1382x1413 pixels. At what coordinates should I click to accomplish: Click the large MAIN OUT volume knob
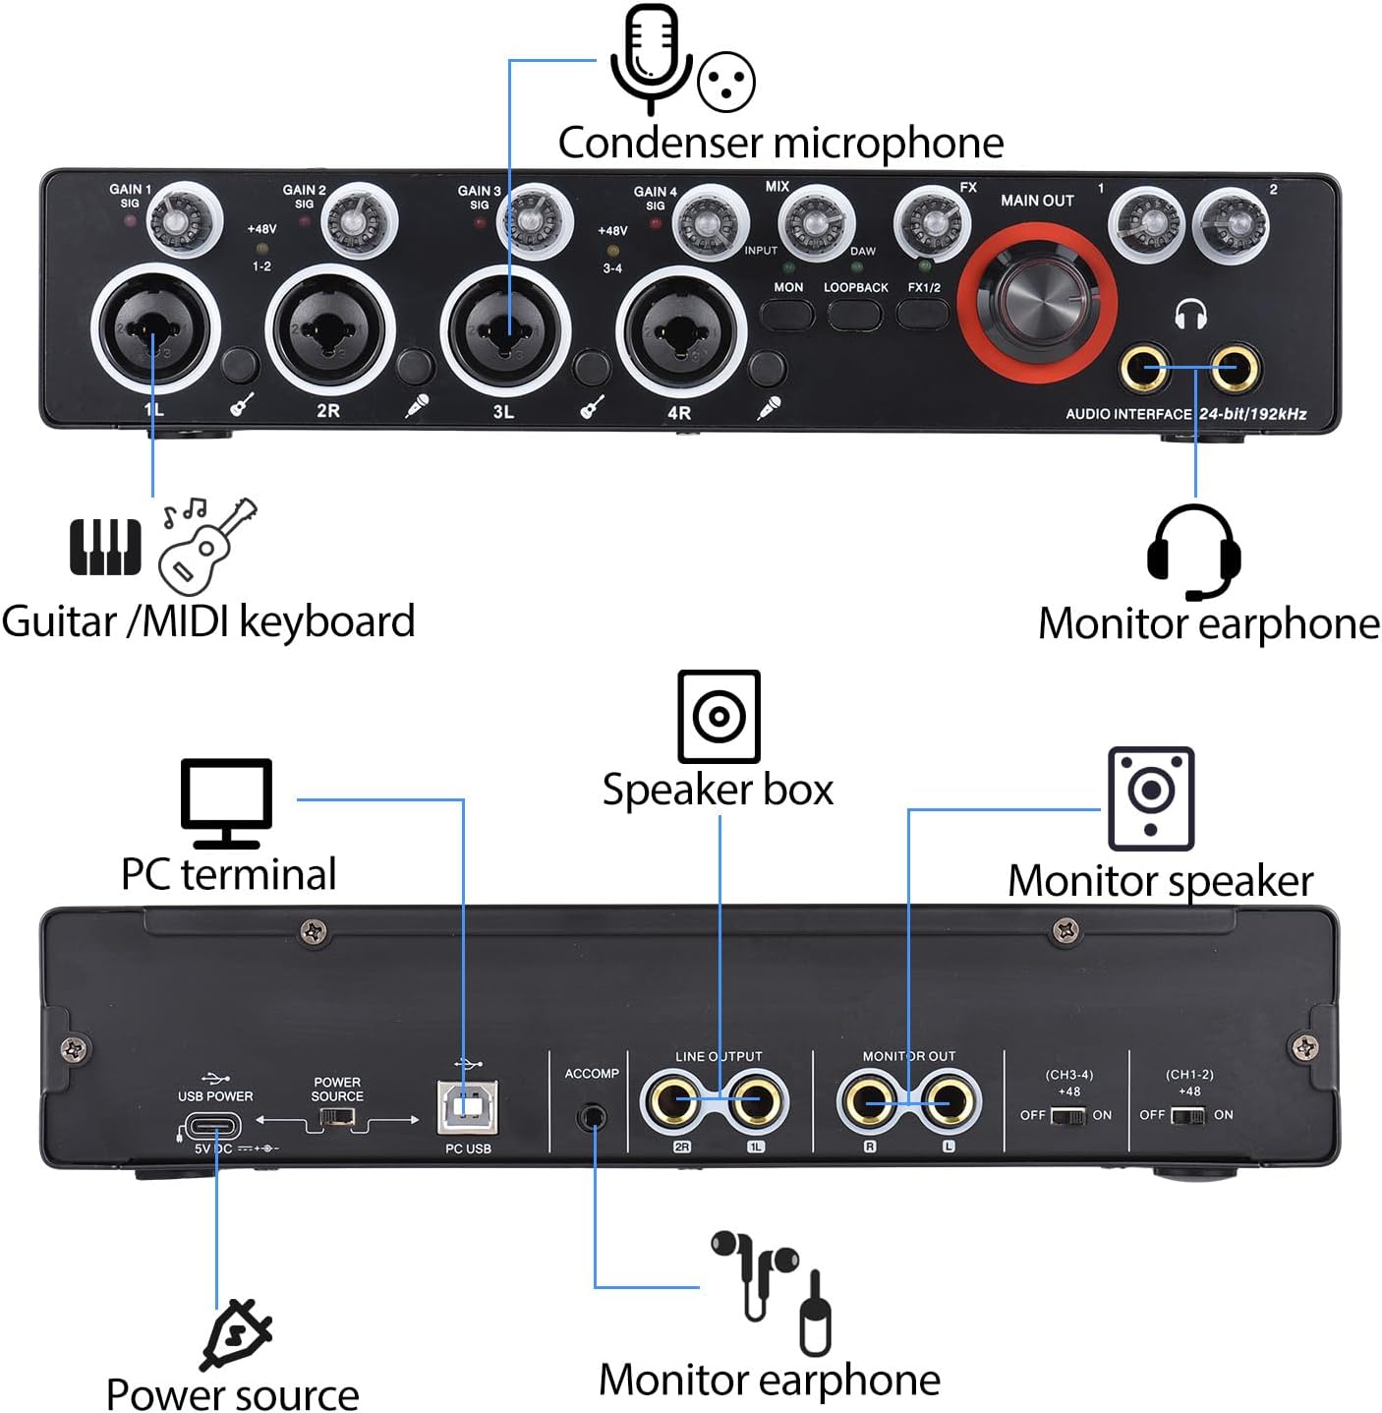point(1036,301)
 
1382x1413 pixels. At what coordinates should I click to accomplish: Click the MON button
point(786,314)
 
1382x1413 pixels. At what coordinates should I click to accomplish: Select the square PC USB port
point(468,1107)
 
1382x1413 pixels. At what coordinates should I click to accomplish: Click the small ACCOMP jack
point(593,1116)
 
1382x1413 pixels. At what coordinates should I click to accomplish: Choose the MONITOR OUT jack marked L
point(948,1102)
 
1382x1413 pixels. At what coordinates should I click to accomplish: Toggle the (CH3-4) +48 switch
point(1068,1116)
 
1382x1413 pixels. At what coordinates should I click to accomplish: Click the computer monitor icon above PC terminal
point(226,803)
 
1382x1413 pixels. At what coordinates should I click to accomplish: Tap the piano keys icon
point(105,547)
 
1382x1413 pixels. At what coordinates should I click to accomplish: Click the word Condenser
point(661,143)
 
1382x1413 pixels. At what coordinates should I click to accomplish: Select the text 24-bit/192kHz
point(1252,414)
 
